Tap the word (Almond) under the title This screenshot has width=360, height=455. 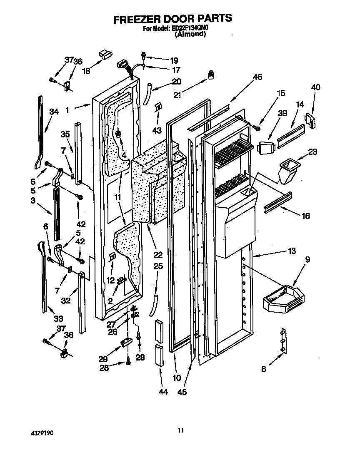190,35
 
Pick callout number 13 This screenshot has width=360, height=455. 291,251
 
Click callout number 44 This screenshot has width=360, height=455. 163,392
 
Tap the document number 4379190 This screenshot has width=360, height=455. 41,433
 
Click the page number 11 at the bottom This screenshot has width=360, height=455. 180,430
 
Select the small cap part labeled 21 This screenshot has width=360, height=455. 212,75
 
